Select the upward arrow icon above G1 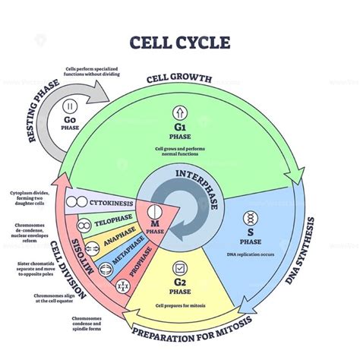pos(180,112)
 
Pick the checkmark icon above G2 pos(180,268)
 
